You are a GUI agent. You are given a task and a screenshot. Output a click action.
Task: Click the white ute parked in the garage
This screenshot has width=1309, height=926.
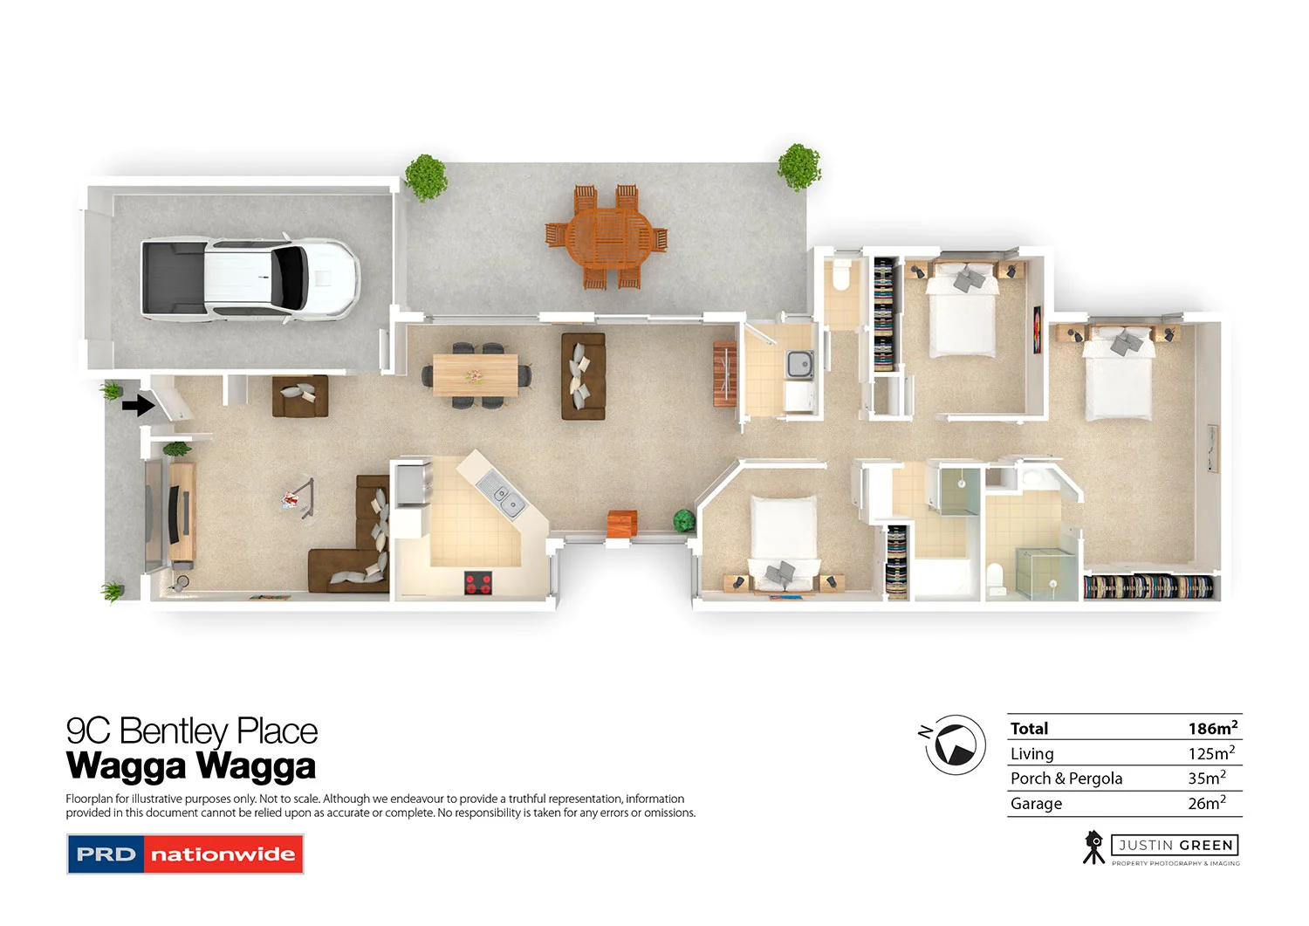pyautogui.click(x=250, y=278)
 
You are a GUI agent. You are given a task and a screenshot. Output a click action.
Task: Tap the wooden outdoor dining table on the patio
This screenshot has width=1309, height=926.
pyautogui.click(x=607, y=236)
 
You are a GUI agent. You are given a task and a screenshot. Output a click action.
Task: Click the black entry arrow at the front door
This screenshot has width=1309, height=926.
pyautogui.click(x=138, y=406)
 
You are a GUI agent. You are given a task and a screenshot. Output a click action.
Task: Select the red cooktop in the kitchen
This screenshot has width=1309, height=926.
pyautogui.click(x=477, y=582)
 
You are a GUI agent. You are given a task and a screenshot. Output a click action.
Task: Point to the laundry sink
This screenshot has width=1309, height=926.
pyautogui.click(x=799, y=363)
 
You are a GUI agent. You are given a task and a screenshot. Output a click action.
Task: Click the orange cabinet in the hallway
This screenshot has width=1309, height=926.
pyautogui.click(x=622, y=522)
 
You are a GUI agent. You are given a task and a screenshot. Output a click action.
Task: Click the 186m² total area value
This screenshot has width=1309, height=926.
pyautogui.click(x=1212, y=728)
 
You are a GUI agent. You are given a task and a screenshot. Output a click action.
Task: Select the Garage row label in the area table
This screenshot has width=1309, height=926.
pyautogui.click(x=1036, y=804)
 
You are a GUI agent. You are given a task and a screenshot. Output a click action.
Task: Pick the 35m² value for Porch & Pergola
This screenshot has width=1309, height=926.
pyautogui.click(x=1207, y=778)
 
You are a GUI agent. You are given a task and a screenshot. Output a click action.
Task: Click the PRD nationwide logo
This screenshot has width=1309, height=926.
pyautogui.click(x=185, y=854)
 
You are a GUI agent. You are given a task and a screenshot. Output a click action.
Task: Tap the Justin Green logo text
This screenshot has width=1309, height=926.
pyautogui.click(x=1175, y=845)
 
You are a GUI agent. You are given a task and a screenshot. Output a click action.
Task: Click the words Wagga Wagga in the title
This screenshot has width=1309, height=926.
pyautogui.click(x=191, y=765)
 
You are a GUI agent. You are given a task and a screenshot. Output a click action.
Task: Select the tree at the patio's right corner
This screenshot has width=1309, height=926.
pyautogui.click(x=798, y=166)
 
